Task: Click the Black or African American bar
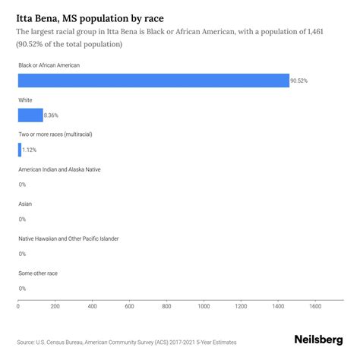[x=153, y=81]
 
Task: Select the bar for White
[x=30, y=115]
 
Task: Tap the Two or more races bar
[x=20, y=150]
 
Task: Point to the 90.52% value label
[x=300, y=81]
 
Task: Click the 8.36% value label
[x=54, y=115]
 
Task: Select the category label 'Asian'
[x=25, y=204]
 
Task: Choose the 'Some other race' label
[x=38, y=273]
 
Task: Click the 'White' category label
[x=26, y=99]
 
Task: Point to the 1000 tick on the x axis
[x=204, y=307]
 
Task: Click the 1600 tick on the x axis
[x=315, y=307]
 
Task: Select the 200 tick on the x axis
[x=55, y=307]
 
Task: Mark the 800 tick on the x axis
[x=166, y=307]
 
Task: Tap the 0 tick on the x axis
[x=18, y=307]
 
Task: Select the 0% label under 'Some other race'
[x=22, y=289]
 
